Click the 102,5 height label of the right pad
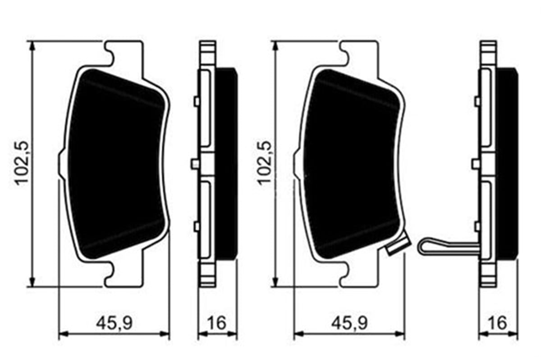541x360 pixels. click(x=265, y=163)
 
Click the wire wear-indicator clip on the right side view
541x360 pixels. click(x=446, y=246)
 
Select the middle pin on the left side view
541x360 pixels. click(x=195, y=163)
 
